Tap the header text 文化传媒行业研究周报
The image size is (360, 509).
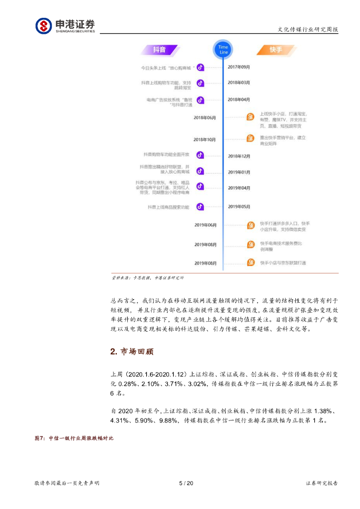(307, 29)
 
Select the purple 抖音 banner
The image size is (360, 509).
(159, 50)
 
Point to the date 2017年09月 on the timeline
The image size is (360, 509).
(239, 67)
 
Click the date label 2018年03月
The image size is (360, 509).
(239, 83)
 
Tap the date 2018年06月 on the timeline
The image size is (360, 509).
(205, 117)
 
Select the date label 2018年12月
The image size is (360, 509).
(239, 156)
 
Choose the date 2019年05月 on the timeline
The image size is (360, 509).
(239, 206)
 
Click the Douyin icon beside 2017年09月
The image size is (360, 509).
(200, 67)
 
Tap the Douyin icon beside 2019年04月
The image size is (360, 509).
(200, 186)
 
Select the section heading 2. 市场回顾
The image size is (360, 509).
(132, 352)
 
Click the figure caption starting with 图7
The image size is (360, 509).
(74, 438)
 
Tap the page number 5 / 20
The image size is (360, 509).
(185, 483)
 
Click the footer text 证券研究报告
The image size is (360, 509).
(322, 483)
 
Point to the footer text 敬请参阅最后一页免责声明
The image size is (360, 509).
(67, 483)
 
